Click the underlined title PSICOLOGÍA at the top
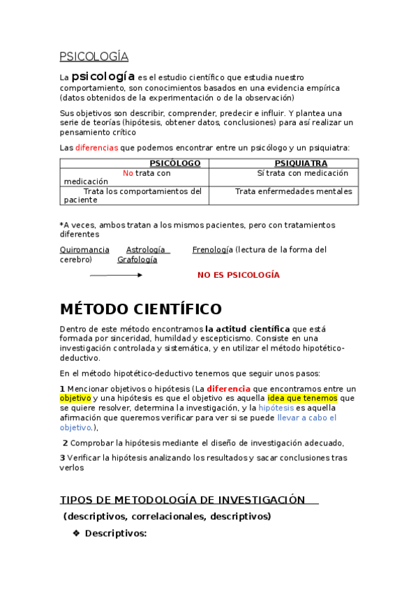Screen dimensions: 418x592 [94, 57]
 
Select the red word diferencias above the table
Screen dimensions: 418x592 [96, 147]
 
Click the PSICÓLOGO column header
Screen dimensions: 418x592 [175, 163]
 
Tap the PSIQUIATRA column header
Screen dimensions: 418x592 [301, 163]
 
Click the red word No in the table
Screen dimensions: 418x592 [128, 173]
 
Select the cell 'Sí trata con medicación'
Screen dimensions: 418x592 [302, 173]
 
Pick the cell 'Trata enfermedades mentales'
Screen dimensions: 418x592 [293, 191]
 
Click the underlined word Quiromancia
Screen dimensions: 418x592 [84, 249]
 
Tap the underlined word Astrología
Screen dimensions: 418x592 [145, 249]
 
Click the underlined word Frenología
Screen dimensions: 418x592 [212, 249]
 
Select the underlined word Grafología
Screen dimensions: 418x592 [137, 260]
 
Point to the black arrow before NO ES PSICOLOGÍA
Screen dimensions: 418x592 [116, 275]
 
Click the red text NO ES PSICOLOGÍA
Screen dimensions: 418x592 [238, 275]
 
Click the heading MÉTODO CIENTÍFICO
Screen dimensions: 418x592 [140, 309]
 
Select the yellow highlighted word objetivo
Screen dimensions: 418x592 [75, 398]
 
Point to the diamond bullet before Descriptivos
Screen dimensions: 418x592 [76, 533]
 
